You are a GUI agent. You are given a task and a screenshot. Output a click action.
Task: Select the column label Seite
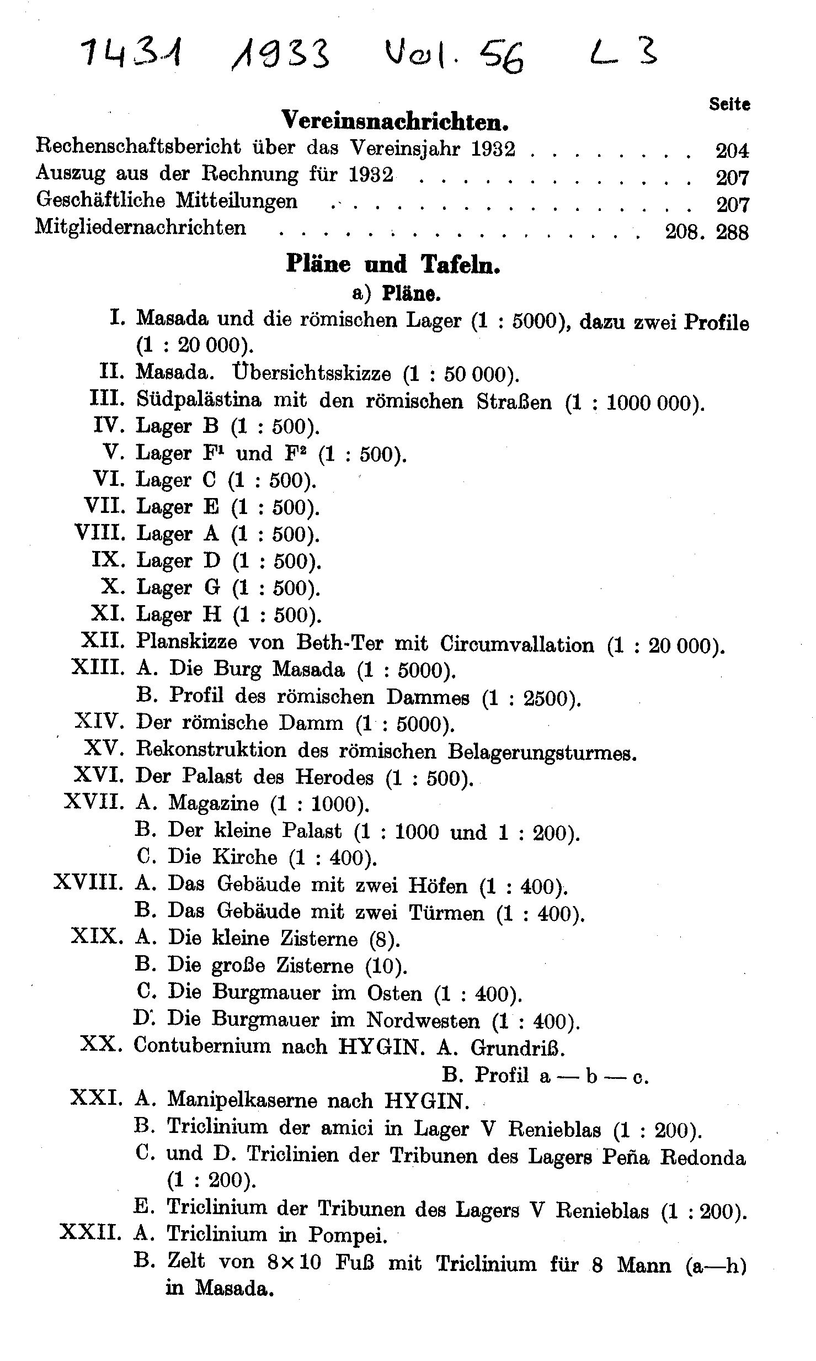pyautogui.click(x=729, y=104)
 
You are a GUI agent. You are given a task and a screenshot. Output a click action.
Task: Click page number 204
pyautogui.click(x=732, y=150)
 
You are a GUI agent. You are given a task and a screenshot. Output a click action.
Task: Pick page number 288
pyautogui.click(x=732, y=232)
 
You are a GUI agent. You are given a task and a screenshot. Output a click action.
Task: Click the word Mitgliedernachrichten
pyautogui.click(x=141, y=227)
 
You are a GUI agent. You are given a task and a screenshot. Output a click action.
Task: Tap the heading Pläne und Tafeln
pyautogui.click(x=393, y=264)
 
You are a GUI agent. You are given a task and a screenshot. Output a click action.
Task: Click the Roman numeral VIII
pyautogui.click(x=100, y=533)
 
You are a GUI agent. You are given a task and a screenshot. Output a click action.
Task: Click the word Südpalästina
pyautogui.click(x=199, y=400)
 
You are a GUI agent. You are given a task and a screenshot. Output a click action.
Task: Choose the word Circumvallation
pyautogui.click(x=517, y=644)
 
